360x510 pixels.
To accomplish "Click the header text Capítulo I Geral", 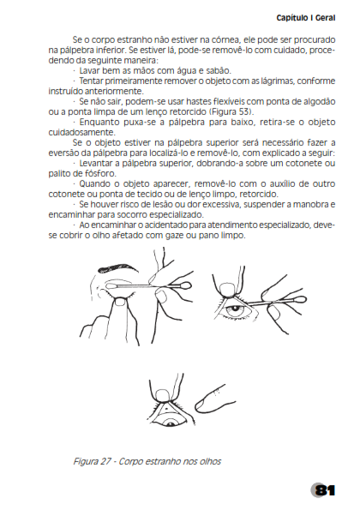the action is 306,18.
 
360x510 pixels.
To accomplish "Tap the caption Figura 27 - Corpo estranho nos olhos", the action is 147,461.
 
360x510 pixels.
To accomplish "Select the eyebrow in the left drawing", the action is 118,267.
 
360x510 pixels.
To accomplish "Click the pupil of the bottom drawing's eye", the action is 171,423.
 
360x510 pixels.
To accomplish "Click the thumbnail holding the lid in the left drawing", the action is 120,302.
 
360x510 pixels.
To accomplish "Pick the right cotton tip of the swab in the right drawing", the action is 299,298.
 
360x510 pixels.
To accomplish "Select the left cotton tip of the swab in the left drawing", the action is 111,286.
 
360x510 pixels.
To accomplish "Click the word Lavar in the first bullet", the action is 90,70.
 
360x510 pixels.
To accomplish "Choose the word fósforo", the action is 103,173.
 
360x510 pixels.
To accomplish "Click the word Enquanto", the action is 99,123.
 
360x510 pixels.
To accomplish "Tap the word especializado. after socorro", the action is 177,214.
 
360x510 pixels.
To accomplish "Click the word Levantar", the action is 94,163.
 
